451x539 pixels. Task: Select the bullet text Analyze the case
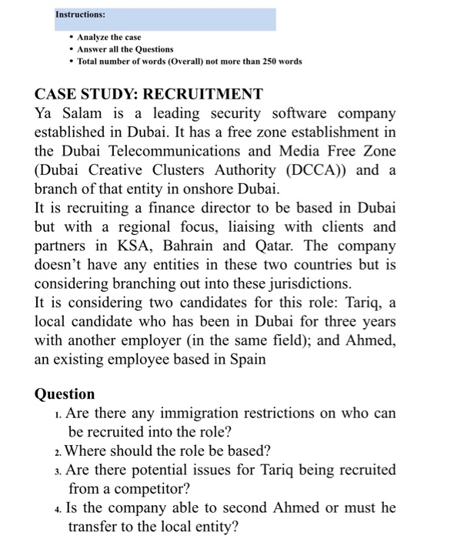[110, 37]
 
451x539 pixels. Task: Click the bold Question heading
[65, 394]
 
